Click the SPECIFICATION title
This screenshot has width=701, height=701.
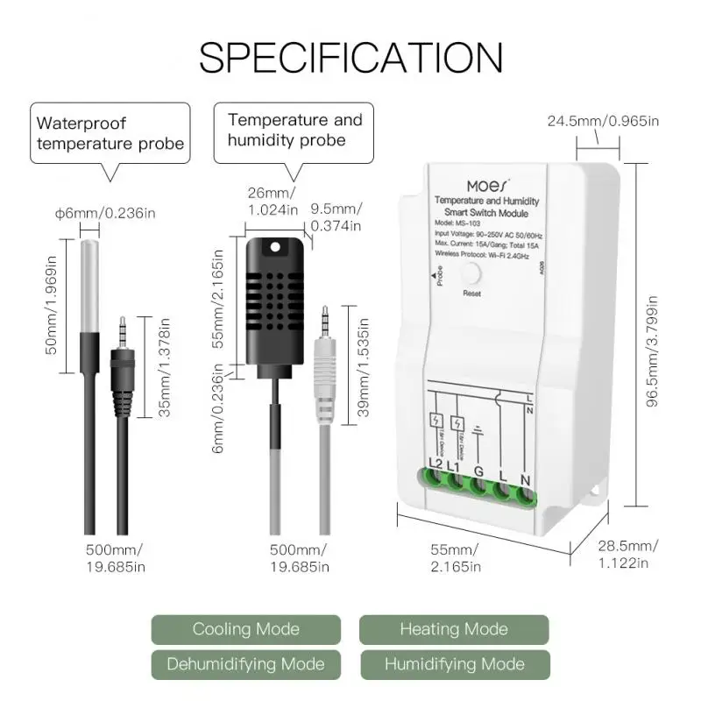click(x=350, y=58)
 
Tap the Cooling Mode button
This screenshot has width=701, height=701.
click(x=245, y=629)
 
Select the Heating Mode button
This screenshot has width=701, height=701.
click(x=453, y=629)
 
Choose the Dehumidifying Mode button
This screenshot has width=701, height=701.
click(x=245, y=664)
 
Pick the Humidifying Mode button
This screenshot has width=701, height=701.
click(x=453, y=664)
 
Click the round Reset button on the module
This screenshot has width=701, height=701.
click(x=472, y=273)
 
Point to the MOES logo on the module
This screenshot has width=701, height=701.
click(x=485, y=188)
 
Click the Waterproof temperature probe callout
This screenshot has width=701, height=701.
click(x=110, y=133)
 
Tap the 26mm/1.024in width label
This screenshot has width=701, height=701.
click(x=273, y=202)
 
